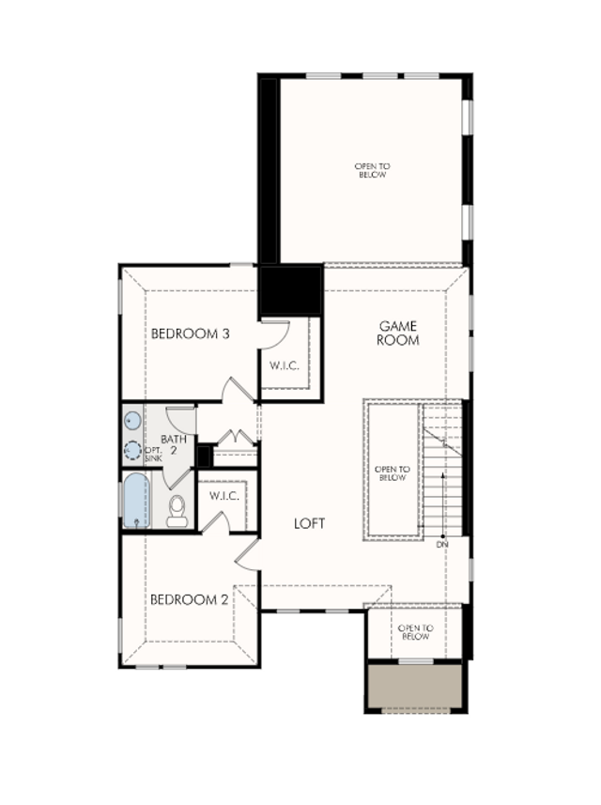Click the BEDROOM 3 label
click(x=190, y=333)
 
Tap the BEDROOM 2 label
click(x=190, y=599)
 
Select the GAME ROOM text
click(x=398, y=333)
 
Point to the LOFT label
click(x=310, y=523)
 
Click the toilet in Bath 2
click(x=177, y=510)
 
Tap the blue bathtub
click(x=136, y=501)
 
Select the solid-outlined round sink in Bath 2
click(x=133, y=421)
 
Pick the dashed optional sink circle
click(x=133, y=450)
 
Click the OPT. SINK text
click(x=153, y=454)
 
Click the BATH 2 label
click(x=174, y=444)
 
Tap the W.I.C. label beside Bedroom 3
click(x=285, y=365)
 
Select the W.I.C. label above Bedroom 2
click(x=224, y=497)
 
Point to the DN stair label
click(x=442, y=544)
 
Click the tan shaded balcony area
click(x=416, y=687)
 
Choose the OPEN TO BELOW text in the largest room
click(x=372, y=170)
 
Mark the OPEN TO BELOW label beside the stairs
click(x=393, y=473)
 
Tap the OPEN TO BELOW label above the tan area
click(x=416, y=632)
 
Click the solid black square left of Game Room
click(x=291, y=290)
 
